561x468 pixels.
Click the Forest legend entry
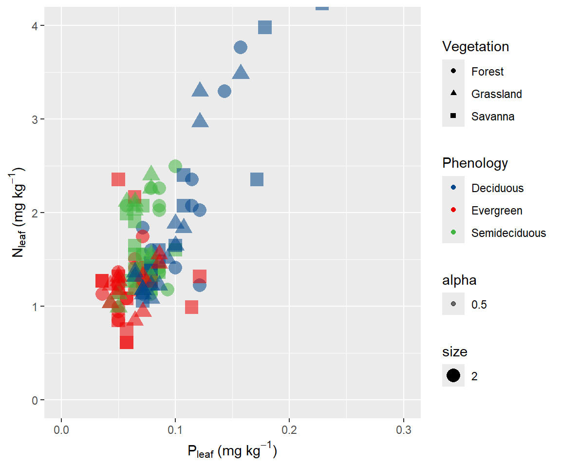487,72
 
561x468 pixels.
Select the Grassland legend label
496,94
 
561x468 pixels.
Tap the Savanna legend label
492,117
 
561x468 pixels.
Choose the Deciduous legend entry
497,188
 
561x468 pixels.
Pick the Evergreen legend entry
496,211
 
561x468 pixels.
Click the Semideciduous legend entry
508,233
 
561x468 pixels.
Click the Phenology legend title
475,163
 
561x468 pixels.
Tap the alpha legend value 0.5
479,305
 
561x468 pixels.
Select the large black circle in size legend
453,375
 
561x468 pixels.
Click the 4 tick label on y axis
36,25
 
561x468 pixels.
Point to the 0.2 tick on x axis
289,431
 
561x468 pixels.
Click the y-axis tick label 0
36,400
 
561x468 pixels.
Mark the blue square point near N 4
264,27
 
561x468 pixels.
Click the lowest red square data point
127,342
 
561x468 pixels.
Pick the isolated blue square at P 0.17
257,179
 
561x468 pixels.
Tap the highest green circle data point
175,166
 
